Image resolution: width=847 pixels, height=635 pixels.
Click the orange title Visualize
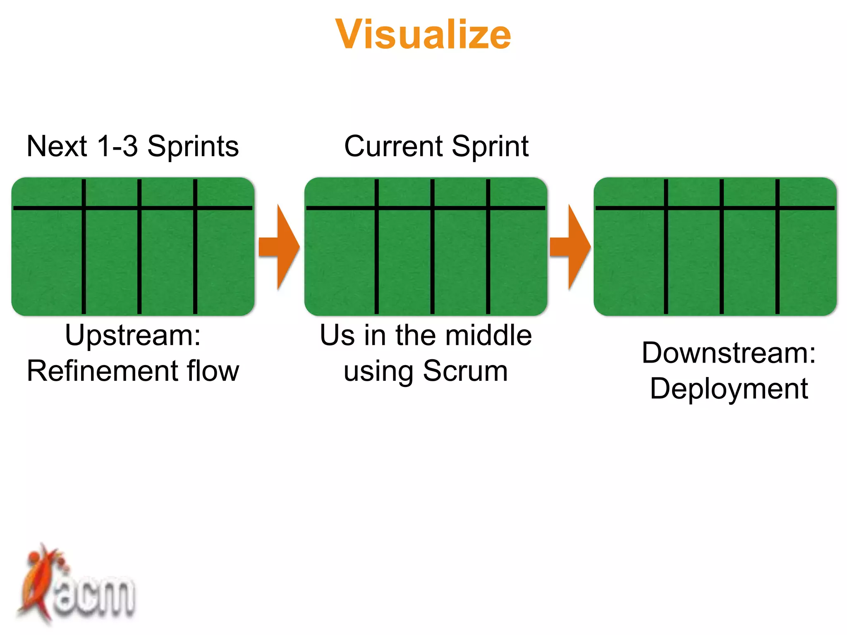click(x=423, y=35)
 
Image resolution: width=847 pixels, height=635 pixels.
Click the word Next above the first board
click(x=57, y=146)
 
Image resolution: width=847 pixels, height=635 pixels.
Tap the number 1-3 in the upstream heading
click(x=117, y=146)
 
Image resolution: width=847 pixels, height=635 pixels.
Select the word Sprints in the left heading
click(x=193, y=147)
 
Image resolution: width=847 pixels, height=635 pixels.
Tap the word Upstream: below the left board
click(x=133, y=336)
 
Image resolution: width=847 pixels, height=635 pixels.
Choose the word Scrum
click(x=465, y=371)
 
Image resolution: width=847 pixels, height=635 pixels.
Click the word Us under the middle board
click(x=337, y=335)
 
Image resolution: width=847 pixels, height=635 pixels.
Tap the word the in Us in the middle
click(x=415, y=335)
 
